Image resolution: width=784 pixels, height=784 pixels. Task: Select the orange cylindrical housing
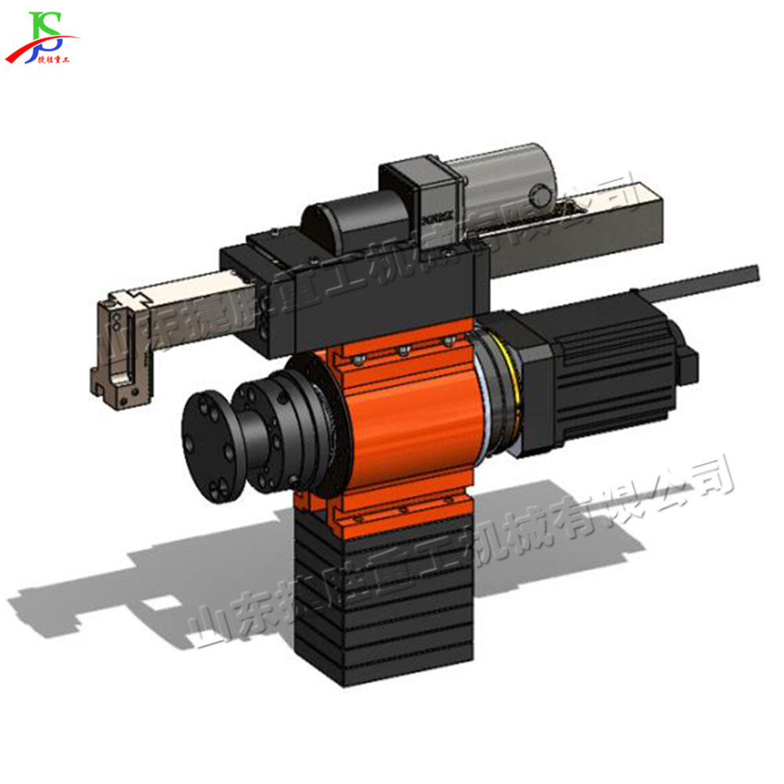coord(408,423)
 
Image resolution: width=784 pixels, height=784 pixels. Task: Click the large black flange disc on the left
coord(205,442)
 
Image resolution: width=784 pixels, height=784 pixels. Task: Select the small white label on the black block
coord(436,212)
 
